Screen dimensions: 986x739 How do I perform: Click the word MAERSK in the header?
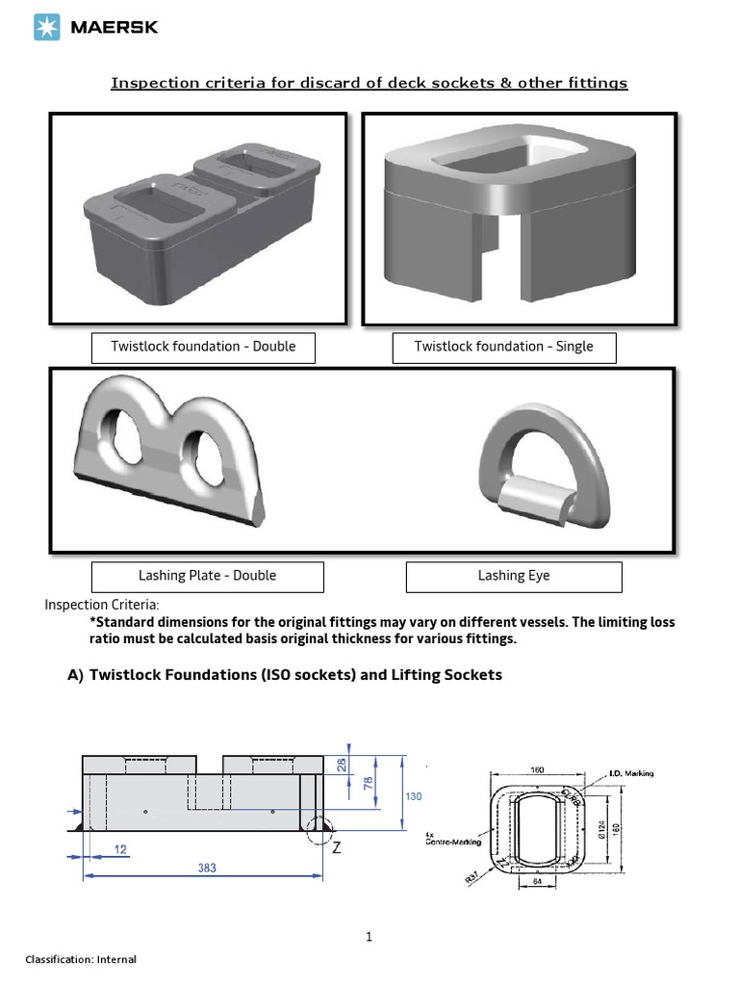pyautogui.click(x=114, y=28)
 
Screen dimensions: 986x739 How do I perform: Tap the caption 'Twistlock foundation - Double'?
pyautogui.click(x=203, y=347)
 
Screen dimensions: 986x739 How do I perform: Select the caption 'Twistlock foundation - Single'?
pyautogui.click(x=503, y=347)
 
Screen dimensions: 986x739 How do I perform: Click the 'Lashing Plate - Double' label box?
pyautogui.click(x=207, y=576)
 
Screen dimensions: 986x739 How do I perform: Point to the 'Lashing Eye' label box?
pyautogui.click(x=514, y=576)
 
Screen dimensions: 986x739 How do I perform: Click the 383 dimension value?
pyautogui.click(x=207, y=867)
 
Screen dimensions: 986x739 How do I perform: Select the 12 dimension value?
pyautogui.click(x=120, y=849)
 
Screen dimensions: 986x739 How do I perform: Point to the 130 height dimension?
pyautogui.click(x=412, y=796)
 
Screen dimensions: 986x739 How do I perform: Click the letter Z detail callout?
pyautogui.click(x=336, y=848)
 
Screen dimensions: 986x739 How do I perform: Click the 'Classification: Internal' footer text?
pyautogui.click(x=81, y=959)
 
